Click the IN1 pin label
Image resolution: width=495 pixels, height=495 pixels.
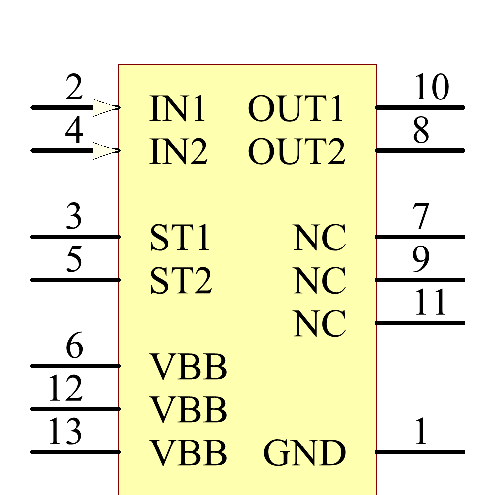pos(177,109)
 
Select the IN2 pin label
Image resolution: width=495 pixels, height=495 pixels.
pos(178,152)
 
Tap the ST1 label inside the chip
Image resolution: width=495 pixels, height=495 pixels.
pos(181,238)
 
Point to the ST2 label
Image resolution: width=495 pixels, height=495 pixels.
pos(181,281)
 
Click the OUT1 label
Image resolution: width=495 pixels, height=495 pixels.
pos(296,109)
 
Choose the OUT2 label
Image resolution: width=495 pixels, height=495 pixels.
pos(296,152)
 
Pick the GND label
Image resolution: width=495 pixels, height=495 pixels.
pos(304,453)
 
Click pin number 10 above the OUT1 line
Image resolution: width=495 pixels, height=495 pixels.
pos(431,88)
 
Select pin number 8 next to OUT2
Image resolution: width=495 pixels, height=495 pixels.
pos(421,132)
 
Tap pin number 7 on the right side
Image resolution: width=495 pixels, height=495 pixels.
pos(421,218)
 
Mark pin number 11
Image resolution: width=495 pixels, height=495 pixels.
pos(431,303)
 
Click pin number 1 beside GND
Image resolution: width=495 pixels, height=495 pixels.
pos(421,433)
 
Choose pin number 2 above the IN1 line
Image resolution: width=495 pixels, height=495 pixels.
pos(74,89)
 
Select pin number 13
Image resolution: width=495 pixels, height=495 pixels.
pos(65,432)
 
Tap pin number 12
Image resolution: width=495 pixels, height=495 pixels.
pos(65,389)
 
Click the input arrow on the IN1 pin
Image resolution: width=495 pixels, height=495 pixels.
pos(105,107)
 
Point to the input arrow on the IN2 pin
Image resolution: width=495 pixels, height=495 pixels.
pos(105,150)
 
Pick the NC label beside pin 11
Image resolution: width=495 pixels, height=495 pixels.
pos(319,324)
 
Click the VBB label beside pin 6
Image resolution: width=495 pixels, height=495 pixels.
pos(189,367)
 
